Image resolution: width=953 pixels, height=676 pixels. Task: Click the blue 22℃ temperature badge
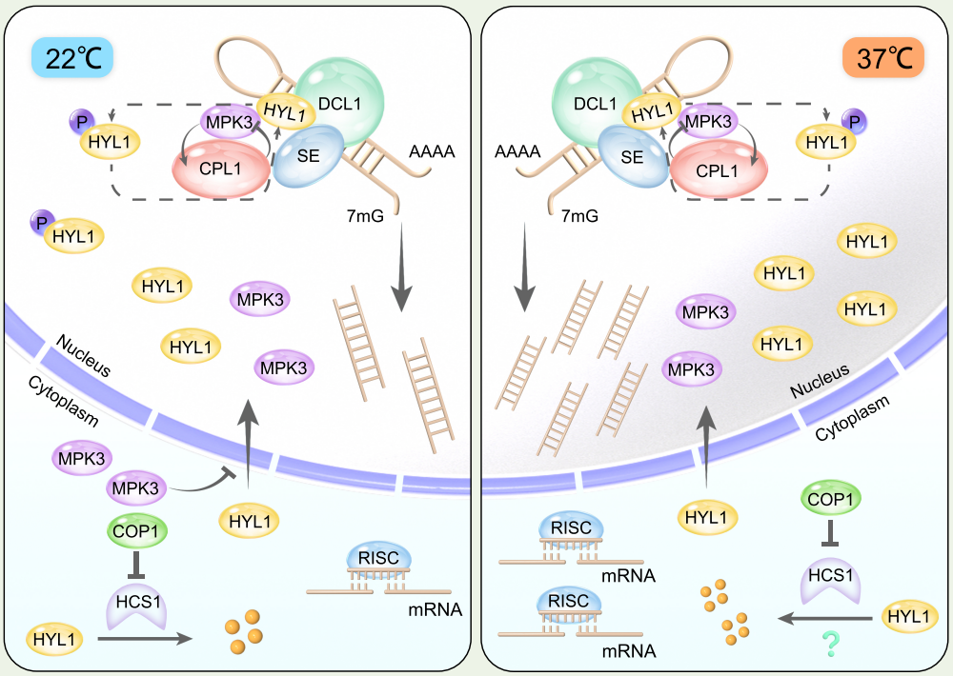click(x=72, y=58)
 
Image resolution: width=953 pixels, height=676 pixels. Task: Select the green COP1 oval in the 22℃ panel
click(x=133, y=529)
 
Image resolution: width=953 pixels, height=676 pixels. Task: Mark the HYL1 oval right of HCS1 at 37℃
click(x=907, y=617)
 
